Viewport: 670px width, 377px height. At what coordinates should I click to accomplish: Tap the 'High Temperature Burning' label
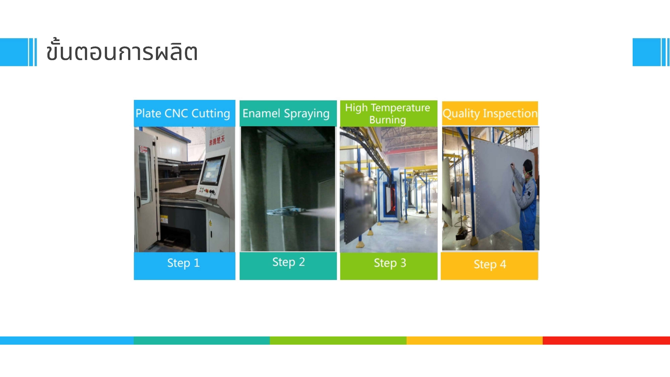(388, 114)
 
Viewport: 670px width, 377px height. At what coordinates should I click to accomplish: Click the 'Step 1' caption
(183, 263)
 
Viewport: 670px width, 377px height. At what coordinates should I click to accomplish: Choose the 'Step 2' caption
(288, 262)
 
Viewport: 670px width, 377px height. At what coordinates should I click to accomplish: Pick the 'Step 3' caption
(390, 263)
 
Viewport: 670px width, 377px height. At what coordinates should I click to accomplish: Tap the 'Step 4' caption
(490, 264)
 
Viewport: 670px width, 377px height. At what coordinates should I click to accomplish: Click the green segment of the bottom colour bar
(338, 340)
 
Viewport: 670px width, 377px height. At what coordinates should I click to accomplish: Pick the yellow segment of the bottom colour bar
(475, 340)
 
